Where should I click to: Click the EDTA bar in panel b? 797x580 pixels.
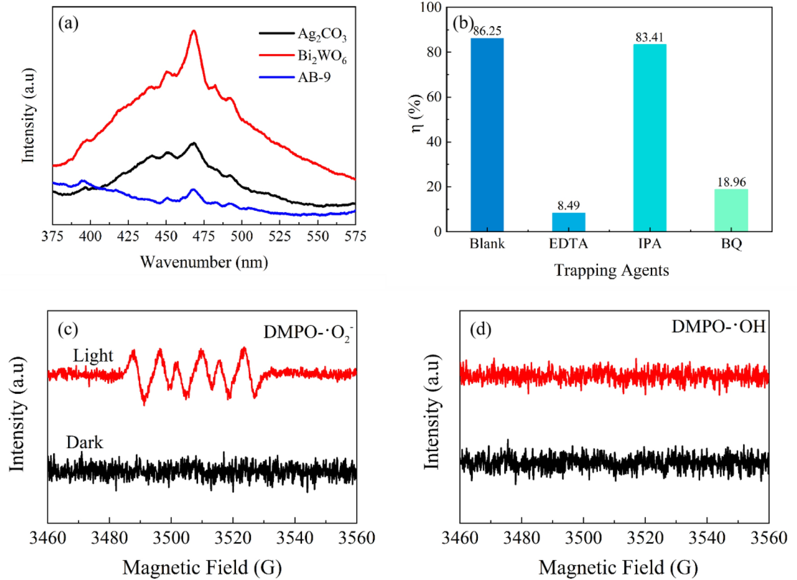point(568,222)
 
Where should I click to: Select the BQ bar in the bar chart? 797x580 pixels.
point(731,210)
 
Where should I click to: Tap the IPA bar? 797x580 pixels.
point(649,138)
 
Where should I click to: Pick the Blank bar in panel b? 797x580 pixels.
point(487,135)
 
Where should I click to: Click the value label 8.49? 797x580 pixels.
point(568,206)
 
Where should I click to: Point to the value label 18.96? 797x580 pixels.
point(731,182)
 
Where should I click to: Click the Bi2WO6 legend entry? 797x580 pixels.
point(322,56)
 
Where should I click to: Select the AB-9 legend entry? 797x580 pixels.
point(314,78)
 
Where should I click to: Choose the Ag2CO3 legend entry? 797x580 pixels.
point(322,34)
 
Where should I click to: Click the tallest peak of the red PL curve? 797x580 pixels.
point(194,31)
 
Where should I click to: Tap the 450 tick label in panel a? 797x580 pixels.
point(166,236)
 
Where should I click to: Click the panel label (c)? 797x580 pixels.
point(68,329)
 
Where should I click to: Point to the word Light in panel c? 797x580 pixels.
point(93,356)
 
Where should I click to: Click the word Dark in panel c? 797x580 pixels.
point(85,442)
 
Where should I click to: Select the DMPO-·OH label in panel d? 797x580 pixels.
point(718,326)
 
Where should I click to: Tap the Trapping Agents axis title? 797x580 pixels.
point(611,270)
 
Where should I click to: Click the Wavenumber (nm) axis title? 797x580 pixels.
point(204,262)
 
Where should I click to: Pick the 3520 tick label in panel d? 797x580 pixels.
point(645,538)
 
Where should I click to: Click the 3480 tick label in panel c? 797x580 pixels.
point(109,538)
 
